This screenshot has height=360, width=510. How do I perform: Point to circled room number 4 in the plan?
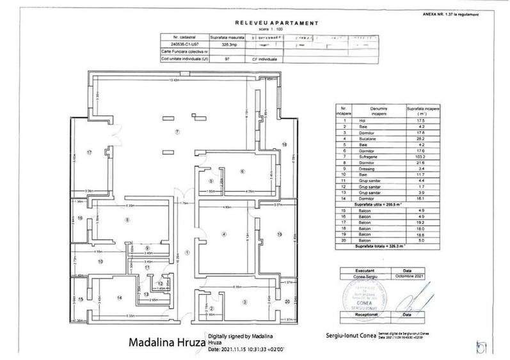click(223, 235)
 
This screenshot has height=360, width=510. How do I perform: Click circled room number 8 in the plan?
click(127, 219)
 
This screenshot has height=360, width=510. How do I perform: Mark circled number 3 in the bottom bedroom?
click(244, 301)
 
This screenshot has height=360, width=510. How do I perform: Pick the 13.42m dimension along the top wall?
click(173, 81)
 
